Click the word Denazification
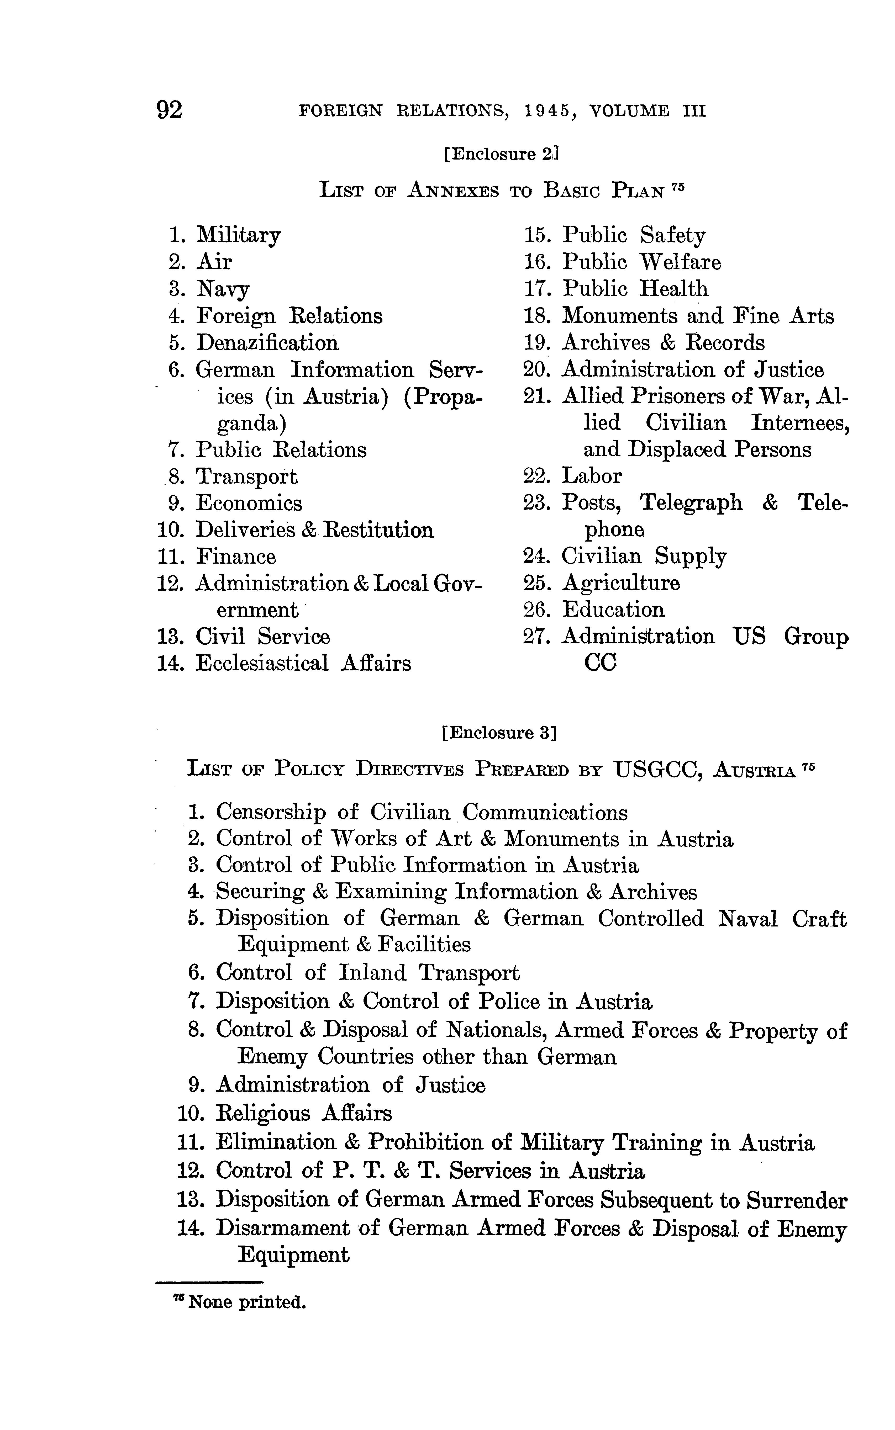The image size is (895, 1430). [267, 343]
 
